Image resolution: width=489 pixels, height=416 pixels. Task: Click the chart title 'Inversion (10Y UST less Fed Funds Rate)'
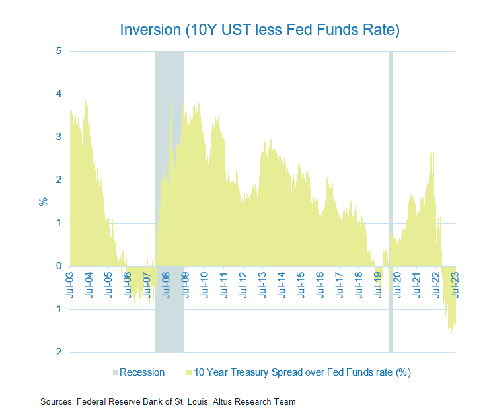click(260, 30)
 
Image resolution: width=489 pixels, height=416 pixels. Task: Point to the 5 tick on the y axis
click(58, 51)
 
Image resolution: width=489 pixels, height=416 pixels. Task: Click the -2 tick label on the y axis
click(57, 352)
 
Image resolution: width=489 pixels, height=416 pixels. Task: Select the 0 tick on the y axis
click(58, 266)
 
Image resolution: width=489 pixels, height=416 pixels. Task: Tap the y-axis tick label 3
click(58, 137)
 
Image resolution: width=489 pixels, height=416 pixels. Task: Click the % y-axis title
click(43, 201)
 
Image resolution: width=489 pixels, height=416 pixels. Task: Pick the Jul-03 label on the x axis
click(70, 285)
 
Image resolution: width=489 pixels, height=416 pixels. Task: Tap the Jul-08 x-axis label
click(167, 285)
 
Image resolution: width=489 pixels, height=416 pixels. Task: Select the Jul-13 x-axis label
click(264, 285)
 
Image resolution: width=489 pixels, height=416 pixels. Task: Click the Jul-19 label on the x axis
click(379, 285)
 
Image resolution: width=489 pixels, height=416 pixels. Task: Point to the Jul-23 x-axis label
click(456, 285)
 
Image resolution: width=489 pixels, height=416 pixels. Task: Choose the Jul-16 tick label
click(321, 285)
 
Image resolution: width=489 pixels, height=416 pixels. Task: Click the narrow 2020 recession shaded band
click(391, 198)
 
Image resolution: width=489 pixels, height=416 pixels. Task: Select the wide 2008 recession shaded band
click(169, 198)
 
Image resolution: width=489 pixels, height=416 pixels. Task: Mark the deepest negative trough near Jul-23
click(451, 339)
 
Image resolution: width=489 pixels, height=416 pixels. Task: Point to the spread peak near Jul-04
click(86, 101)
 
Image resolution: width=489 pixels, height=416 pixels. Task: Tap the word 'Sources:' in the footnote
click(57, 401)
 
